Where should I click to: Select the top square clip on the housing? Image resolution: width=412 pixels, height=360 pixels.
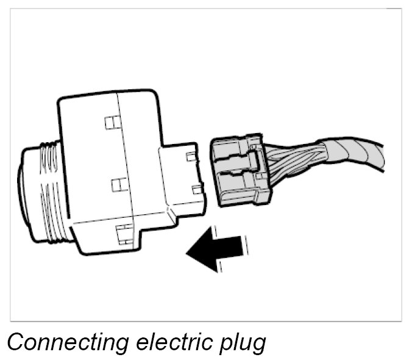[x=110, y=123]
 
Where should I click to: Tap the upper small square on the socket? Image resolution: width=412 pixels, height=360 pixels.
[x=191, y=157]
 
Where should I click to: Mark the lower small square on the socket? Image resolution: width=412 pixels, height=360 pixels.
[x=197, y=189]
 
